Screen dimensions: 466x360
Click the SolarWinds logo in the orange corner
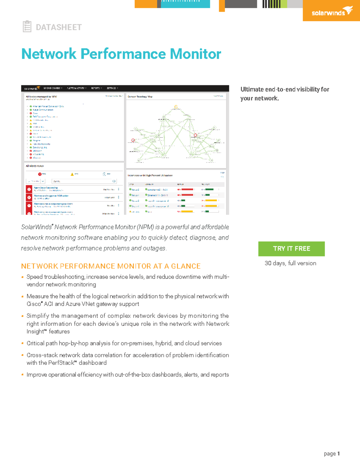click(332, 12)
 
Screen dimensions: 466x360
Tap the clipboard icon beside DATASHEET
click(27, 26)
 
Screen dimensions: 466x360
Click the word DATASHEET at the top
click(58, 27)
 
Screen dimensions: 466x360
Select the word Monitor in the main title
click(195, 54)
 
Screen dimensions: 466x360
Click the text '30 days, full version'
click(290, 263)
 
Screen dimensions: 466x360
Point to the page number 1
click(338, 453)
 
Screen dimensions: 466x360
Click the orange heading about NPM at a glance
click(111, 266)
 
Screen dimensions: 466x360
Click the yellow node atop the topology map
click(176, 107)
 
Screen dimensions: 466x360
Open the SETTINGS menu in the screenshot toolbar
click(112, 88)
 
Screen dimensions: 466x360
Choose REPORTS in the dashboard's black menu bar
click(96, 88)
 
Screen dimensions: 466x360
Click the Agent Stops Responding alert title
click(46, 188)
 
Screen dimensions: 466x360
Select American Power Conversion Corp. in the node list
click(48, 106)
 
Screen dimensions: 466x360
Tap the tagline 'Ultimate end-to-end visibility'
click(285, 89)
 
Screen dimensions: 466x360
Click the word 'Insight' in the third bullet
click(35, 332)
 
